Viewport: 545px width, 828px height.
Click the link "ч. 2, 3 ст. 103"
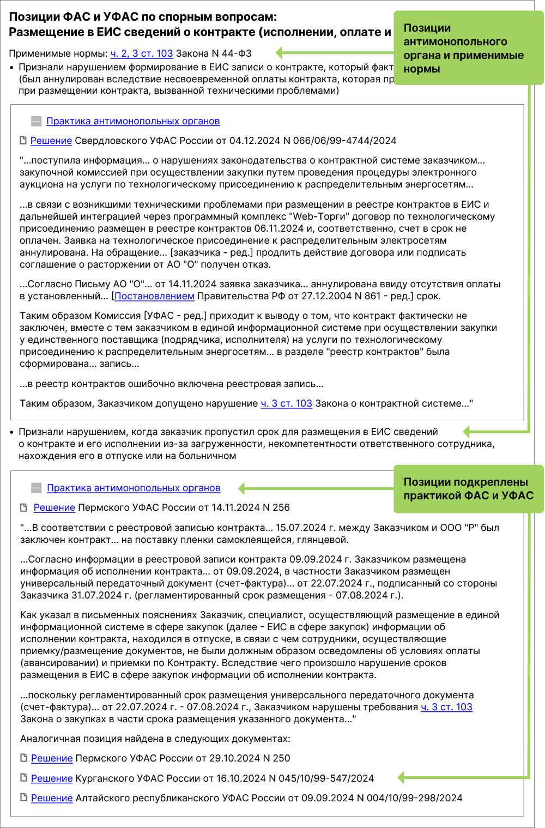coord(142,53)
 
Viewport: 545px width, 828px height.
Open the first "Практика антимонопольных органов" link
coord(133,121)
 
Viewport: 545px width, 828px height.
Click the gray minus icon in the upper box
coord(36,121)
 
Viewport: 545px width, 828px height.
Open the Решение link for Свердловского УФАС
coord(51,141)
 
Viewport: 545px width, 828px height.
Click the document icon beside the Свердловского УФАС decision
coord(23,141)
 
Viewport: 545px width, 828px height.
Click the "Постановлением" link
coord(154,296)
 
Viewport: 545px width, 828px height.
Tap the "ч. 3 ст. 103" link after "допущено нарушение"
coord(286,403)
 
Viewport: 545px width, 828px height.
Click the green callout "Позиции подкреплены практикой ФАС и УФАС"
coord(468,489)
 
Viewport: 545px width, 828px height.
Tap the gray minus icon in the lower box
coord(37,488)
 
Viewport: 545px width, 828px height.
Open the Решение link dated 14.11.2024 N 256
coord(54,507)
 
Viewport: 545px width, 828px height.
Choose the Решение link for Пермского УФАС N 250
coord(52,758)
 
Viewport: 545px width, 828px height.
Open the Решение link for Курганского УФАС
coord(52,778)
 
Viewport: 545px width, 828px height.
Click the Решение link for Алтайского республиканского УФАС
coord(52,798)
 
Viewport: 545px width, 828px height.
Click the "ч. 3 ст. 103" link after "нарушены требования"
coord(446,707)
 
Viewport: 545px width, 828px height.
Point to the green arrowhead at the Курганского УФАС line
coord(402,777)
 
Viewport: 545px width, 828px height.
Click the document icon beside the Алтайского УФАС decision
coord(23,797)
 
